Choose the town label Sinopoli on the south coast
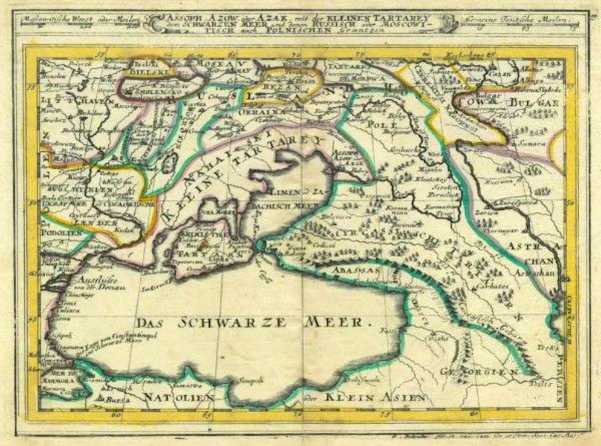tap(252, 380)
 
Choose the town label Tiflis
tap(536, 382)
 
